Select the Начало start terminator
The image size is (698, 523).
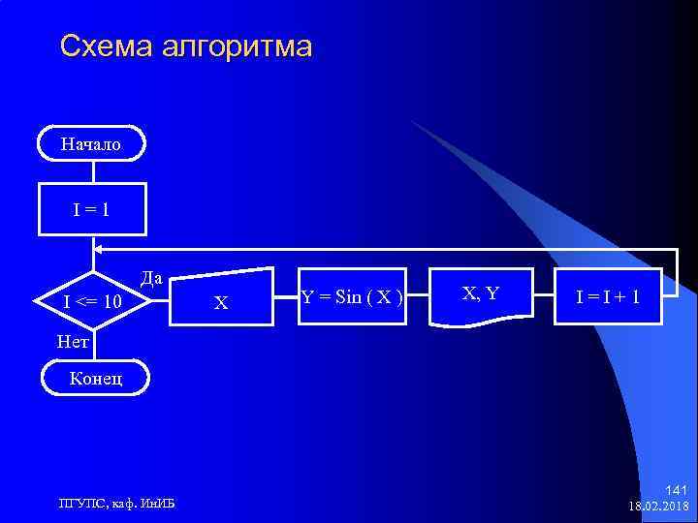click(91, 145)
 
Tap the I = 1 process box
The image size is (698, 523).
click(91, 207)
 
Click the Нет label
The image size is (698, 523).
click(73, 342)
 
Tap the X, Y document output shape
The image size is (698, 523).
click(482, 295)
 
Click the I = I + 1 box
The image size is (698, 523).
click(608, 296)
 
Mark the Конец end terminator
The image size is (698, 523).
click(95, 379)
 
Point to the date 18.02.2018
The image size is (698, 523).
click(659, 506)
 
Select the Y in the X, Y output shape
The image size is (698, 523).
click(492, 292)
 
